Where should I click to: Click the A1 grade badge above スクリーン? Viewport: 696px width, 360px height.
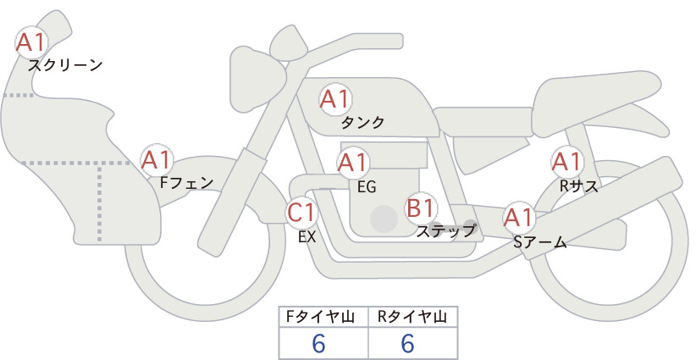click(31, 42)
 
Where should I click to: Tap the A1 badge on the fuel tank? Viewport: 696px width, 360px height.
click(335, 99)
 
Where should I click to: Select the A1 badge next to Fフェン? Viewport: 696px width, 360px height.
click(157, 160)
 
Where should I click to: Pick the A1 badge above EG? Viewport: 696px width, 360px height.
click(352, 163)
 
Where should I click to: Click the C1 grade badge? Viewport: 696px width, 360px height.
click(301, 212)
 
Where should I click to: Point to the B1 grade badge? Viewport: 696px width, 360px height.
click(420, 208)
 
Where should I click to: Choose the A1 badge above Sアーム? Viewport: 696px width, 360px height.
click(518, 218)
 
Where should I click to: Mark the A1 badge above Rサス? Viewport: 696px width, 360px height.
click(566, 162)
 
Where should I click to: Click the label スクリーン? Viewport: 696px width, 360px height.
click(65, 66)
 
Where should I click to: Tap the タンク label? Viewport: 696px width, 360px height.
click(362, 122)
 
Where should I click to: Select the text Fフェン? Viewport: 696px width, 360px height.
click(186, 182)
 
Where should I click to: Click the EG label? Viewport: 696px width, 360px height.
click(367, 187)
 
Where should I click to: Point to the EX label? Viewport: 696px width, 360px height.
click(307, 237)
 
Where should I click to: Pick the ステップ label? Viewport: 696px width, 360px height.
click(445, 231)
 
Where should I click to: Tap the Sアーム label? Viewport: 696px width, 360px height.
click(539, 242)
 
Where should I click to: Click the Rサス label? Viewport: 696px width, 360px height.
click(578, 186)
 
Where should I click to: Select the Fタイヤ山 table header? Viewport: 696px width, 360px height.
click(320, 317)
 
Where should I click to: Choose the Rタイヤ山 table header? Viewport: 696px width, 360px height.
click(412, 317)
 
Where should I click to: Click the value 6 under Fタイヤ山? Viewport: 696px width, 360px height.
click(318, 344)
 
